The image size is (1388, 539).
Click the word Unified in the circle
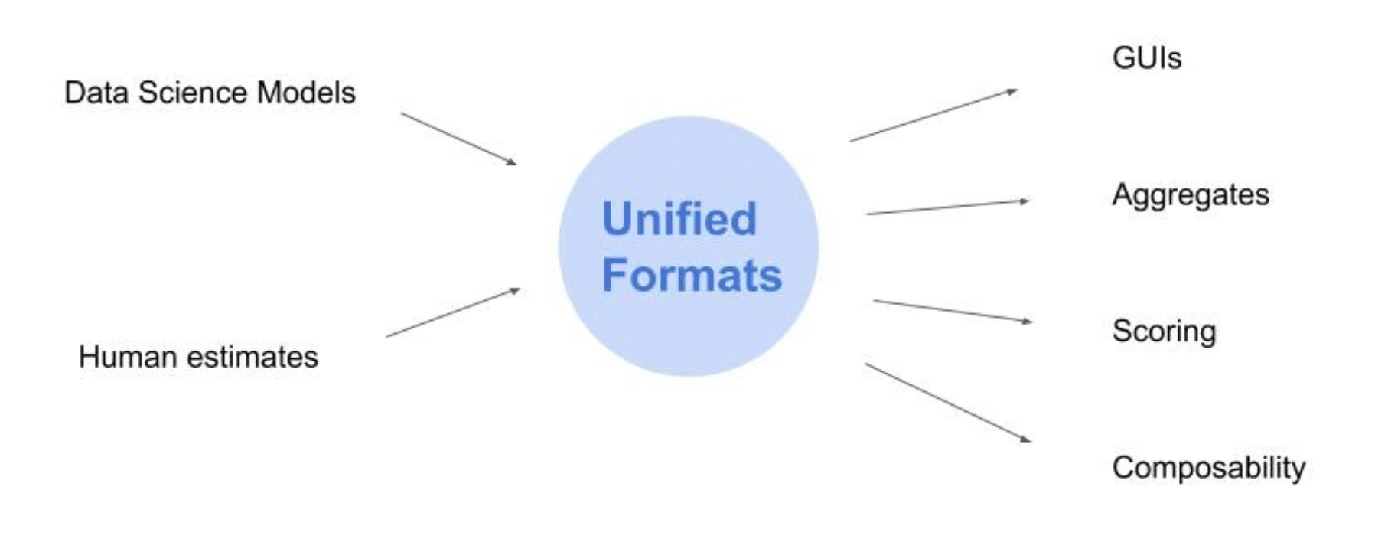679,219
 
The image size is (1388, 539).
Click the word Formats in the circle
692,276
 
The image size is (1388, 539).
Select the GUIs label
1146,58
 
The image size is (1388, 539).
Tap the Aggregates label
1191,196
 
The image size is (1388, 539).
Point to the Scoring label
1164,332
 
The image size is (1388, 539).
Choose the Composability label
1209,468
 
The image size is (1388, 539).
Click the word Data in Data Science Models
96,93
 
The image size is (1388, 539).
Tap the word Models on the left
306,93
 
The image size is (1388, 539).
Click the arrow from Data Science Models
458,139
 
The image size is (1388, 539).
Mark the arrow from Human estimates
452,312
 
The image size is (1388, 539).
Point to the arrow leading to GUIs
933,116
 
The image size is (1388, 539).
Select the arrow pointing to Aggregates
947,207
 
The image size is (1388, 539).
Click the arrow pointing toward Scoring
952,311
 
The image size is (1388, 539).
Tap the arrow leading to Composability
947,403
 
